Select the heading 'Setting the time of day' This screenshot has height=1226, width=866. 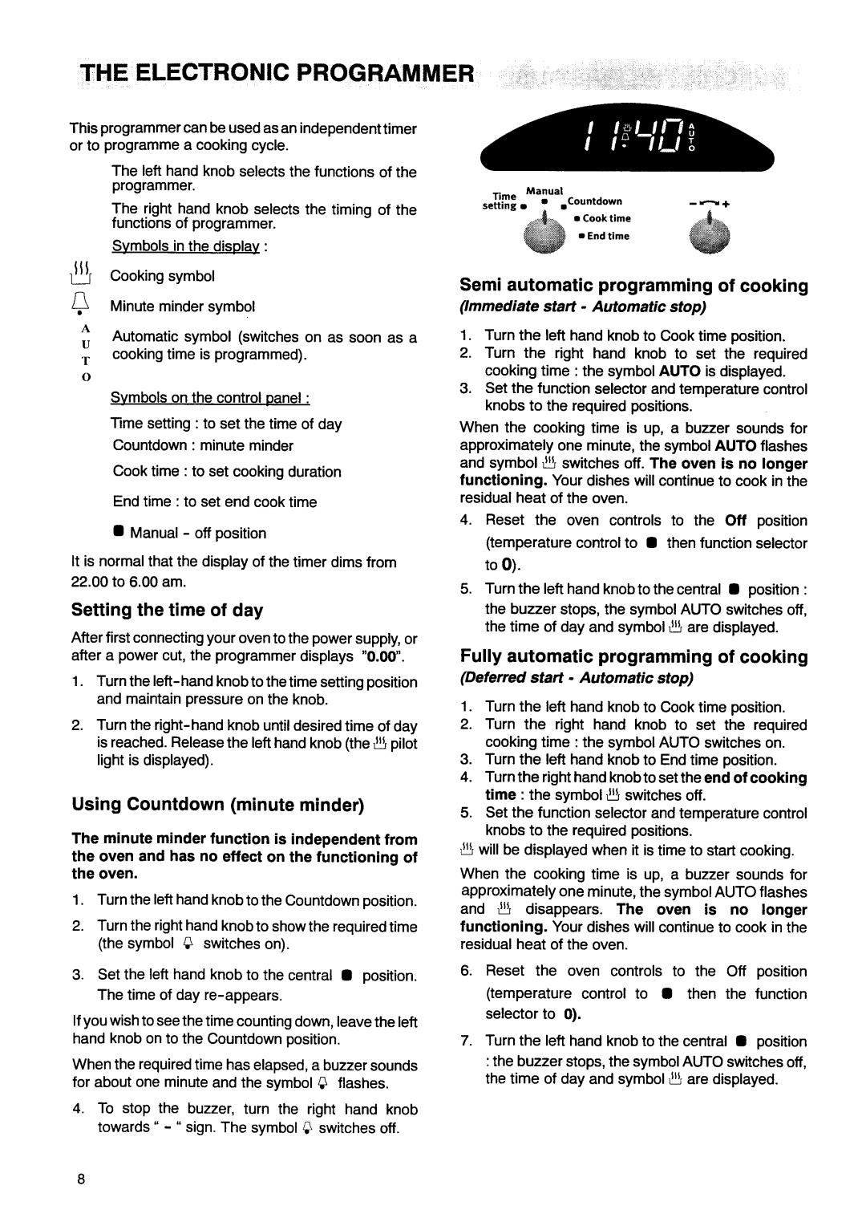pyautogui.click(x=167, y=611)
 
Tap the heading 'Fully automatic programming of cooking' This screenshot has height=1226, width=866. pyautogui.click(x=633, y=657)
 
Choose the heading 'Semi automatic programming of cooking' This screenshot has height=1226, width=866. pyautogui.click(x=633, y=286)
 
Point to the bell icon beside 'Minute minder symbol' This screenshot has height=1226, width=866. pyautogui.click(x=84, y=305)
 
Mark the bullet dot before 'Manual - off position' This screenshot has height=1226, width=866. pyautogui.click(x=117, y=533)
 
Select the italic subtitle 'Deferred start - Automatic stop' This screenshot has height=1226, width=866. pyautogui.click(x=576, y=678)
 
